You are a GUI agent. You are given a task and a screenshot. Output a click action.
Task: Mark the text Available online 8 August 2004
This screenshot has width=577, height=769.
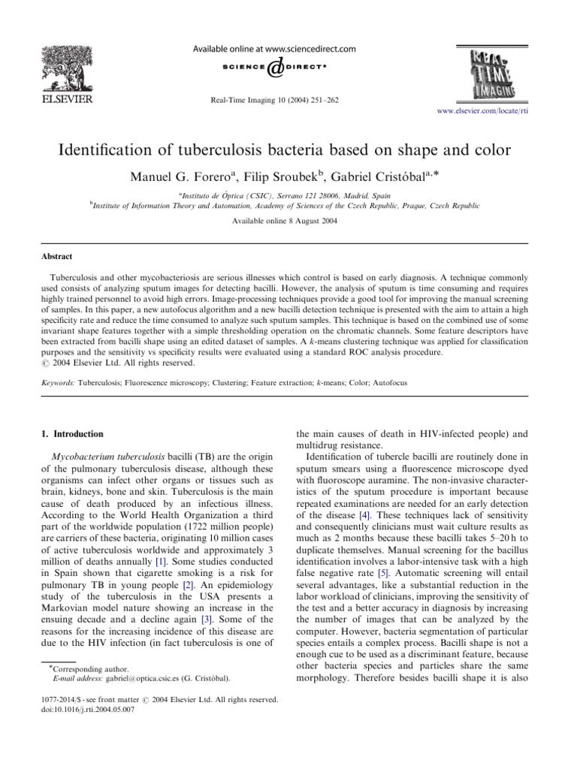tap(288, 223)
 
